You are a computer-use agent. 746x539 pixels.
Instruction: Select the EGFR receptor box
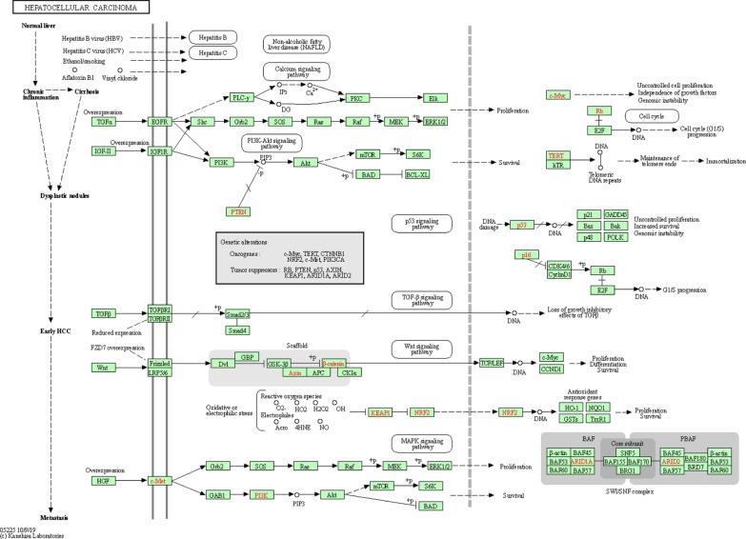(x=159, y=122)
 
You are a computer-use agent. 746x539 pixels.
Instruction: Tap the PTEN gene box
(x=238, y=210)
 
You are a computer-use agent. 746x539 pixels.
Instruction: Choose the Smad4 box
(x=238, y=329)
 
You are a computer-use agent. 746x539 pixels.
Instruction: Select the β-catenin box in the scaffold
(x=334, y=363)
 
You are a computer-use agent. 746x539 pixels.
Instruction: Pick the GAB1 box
(x=217, y=494)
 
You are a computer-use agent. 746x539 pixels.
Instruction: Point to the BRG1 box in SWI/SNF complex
(x=627, y=470)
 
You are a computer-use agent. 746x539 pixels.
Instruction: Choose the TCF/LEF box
(x=492, y=363)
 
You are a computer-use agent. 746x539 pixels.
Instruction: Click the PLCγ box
(x=240, y=97)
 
